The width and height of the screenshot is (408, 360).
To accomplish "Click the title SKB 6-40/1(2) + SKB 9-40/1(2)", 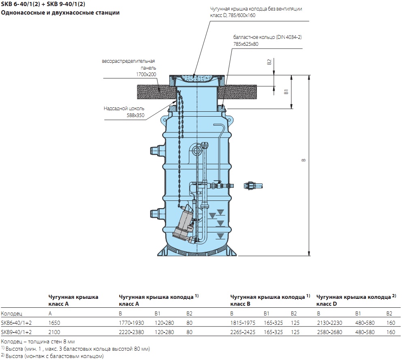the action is [43, 4].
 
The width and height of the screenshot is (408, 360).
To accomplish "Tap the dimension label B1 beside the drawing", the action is [286, 92].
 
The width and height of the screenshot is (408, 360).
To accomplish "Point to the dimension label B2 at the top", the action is [269, 62].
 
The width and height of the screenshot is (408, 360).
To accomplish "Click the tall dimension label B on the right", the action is [303, 160].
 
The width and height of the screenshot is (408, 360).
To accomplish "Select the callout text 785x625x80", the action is [246, 44].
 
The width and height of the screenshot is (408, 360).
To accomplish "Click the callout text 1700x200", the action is [146, 75].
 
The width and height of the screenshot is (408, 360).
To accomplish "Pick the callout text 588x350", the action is [135, 115].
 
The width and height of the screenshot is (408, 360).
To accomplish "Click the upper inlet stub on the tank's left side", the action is [156, 150].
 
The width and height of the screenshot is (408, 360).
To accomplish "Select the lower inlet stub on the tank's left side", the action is [156, 213].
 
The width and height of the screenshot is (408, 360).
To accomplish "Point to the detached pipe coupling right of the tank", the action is [253, 186].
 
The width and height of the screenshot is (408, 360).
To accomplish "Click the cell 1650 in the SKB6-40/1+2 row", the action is [54, 323].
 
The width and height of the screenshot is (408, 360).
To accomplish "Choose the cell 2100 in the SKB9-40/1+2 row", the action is [54, 332].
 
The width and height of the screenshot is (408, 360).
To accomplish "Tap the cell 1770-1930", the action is [131, 323].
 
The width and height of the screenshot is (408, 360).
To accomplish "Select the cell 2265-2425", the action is [243, 332].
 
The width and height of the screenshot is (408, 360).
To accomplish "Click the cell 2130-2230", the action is [329, 323].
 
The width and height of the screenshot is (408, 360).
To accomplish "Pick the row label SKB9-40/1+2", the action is [16, 332].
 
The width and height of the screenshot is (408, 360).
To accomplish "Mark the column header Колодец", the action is [11, 313].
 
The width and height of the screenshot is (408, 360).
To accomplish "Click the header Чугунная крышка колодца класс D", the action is [356, 300].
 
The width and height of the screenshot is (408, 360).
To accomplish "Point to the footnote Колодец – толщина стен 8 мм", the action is [38, 341].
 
